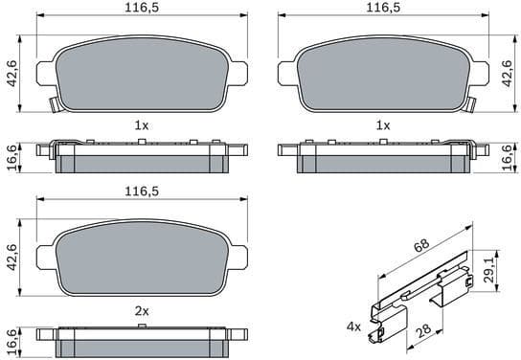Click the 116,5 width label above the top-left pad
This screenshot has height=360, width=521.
(x=141, y=8)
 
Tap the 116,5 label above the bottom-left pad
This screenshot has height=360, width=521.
(x=141, y=192)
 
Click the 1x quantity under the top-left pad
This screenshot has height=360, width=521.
(x=141, y=125)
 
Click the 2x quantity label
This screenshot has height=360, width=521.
(x=141, y=310)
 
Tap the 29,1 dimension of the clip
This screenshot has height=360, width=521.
(x=491, y=273)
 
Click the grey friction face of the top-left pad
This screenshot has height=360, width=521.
(x=141, y=72)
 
